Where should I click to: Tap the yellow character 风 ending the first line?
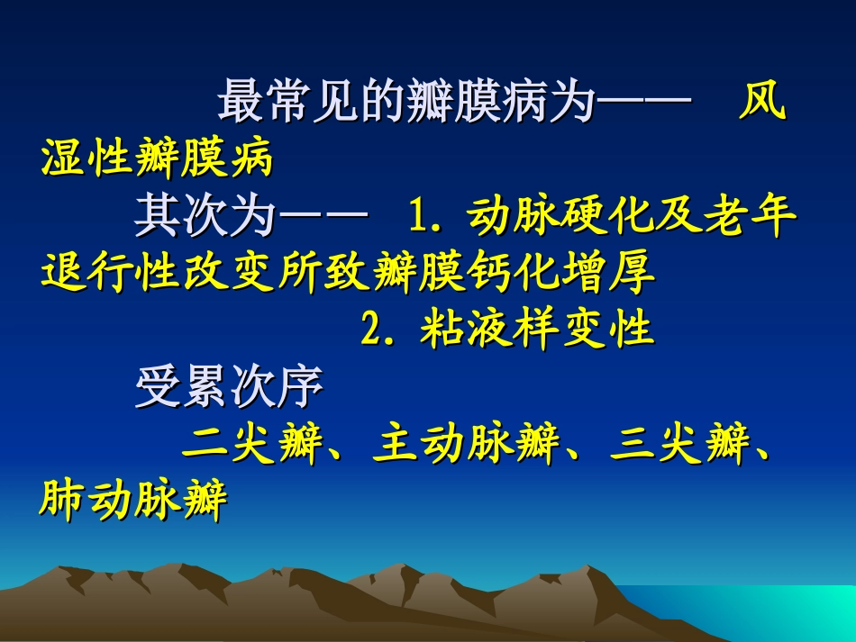pyautogui.click(x=761, y=104)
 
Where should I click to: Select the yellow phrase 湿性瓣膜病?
pyautogui.click(x=156, y=159)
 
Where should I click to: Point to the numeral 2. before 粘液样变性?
pyautogui.click(x=379, y=330)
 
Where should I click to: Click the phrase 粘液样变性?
pyautogui.click(x=536, y=330)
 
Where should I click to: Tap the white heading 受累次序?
pyautogui.click(x=229, y=389)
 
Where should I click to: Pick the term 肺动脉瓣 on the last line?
pyautogui.click(x=133, y=502)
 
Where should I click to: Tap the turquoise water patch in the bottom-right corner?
pyautogui.click(x=793, y=612)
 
